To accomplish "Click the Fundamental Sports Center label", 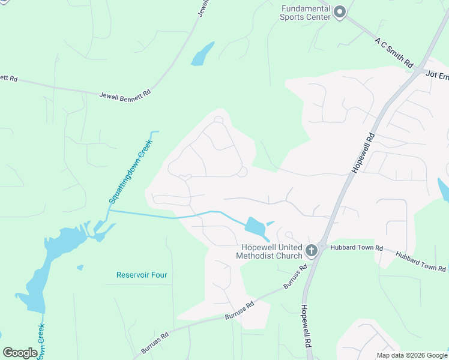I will [x=306, y=13].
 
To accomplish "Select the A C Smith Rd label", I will [x=394, y=53].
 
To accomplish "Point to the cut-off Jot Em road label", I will [x=437, y=75].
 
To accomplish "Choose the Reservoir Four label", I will [x=141, y=275].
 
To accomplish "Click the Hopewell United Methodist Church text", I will [x=271, y=252].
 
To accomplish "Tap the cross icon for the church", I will [x=312, y=250].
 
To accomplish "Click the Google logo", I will [x=20, y=353].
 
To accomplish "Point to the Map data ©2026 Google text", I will [x=412, y=355].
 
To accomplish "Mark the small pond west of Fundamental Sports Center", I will [x=202, y=55].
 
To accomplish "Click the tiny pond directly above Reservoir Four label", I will [x=80, y=268].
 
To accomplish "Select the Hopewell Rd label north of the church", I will [x=364, y=153].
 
